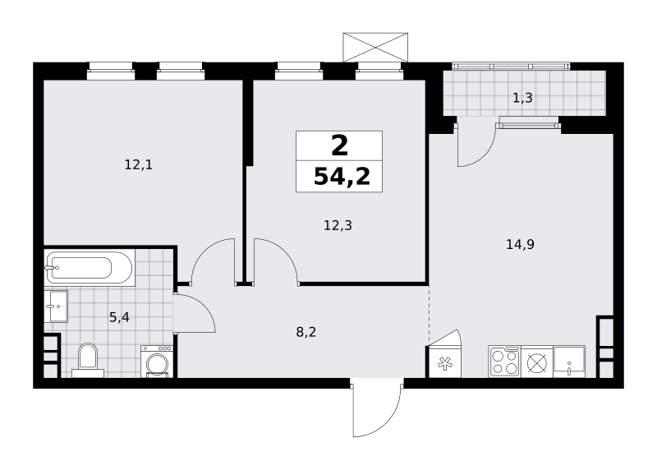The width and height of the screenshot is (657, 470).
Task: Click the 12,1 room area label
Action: tap(138, 165)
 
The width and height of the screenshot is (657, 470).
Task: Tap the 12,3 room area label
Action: tap(338, 226)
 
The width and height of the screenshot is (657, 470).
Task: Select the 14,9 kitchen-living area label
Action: tap(520, 244)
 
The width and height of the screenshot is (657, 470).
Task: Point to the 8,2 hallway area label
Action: tap(306, 333)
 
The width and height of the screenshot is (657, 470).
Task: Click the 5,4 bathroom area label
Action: tap(119, 317)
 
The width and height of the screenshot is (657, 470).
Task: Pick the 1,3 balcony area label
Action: tap(522, 98)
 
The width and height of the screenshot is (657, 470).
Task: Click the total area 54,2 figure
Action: tap(342, 177)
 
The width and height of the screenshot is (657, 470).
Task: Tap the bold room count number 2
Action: tap(339, 146)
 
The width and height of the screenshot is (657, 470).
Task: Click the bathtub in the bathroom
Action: tap(90, 268)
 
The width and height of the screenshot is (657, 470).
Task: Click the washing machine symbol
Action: tap(157, 362)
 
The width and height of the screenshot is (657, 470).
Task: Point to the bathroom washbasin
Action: tap(56, 306)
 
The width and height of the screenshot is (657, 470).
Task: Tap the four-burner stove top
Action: tap(504, 362)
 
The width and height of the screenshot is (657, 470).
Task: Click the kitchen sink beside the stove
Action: tap(569, 362)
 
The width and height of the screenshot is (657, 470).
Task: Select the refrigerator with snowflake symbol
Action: tap(443, 362)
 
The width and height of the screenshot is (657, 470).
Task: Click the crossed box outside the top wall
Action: tap(375, 47)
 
